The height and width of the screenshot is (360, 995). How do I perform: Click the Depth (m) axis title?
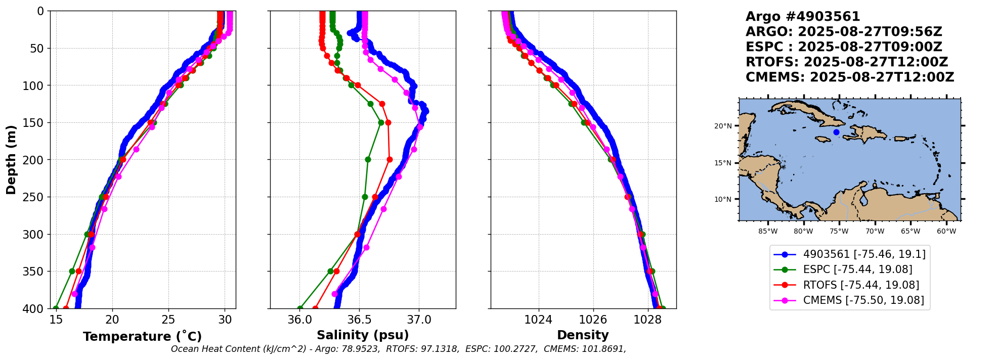pyautogui.click(x=11, y=160)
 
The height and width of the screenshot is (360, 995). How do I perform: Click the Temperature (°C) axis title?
pyautogui.click(x=142, y=336)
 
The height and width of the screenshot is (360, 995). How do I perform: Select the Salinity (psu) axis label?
pyautogui.click(x=363, y=335)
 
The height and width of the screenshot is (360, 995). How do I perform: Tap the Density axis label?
pyautogui.click(x=583, y=335)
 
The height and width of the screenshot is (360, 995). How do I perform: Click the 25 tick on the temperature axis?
pyautogui.click(x=168, y=320)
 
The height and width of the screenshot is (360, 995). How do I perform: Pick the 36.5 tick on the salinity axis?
pyautogui.click(x=359, y=320)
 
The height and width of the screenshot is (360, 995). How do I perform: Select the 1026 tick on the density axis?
pyautogui.click(x=593, y=320)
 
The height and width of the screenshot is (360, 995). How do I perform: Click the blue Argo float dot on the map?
pyautogui.click(x=836, y=132)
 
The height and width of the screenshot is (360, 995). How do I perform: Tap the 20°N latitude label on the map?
pyautogui.click(x=723, y=126)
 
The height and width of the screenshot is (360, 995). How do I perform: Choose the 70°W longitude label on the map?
pyautogui.click(x=875, y=232)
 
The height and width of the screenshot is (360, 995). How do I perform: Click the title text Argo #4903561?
pyautogui.click(x=803, y=17)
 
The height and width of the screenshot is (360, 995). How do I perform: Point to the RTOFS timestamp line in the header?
pyautogui.click(x=846, y=62)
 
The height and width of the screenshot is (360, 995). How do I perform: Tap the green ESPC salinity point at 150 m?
pyautogui.click(x=381, y=122)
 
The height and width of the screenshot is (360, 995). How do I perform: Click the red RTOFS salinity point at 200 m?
pyautogui.click(x=390, y=159)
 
